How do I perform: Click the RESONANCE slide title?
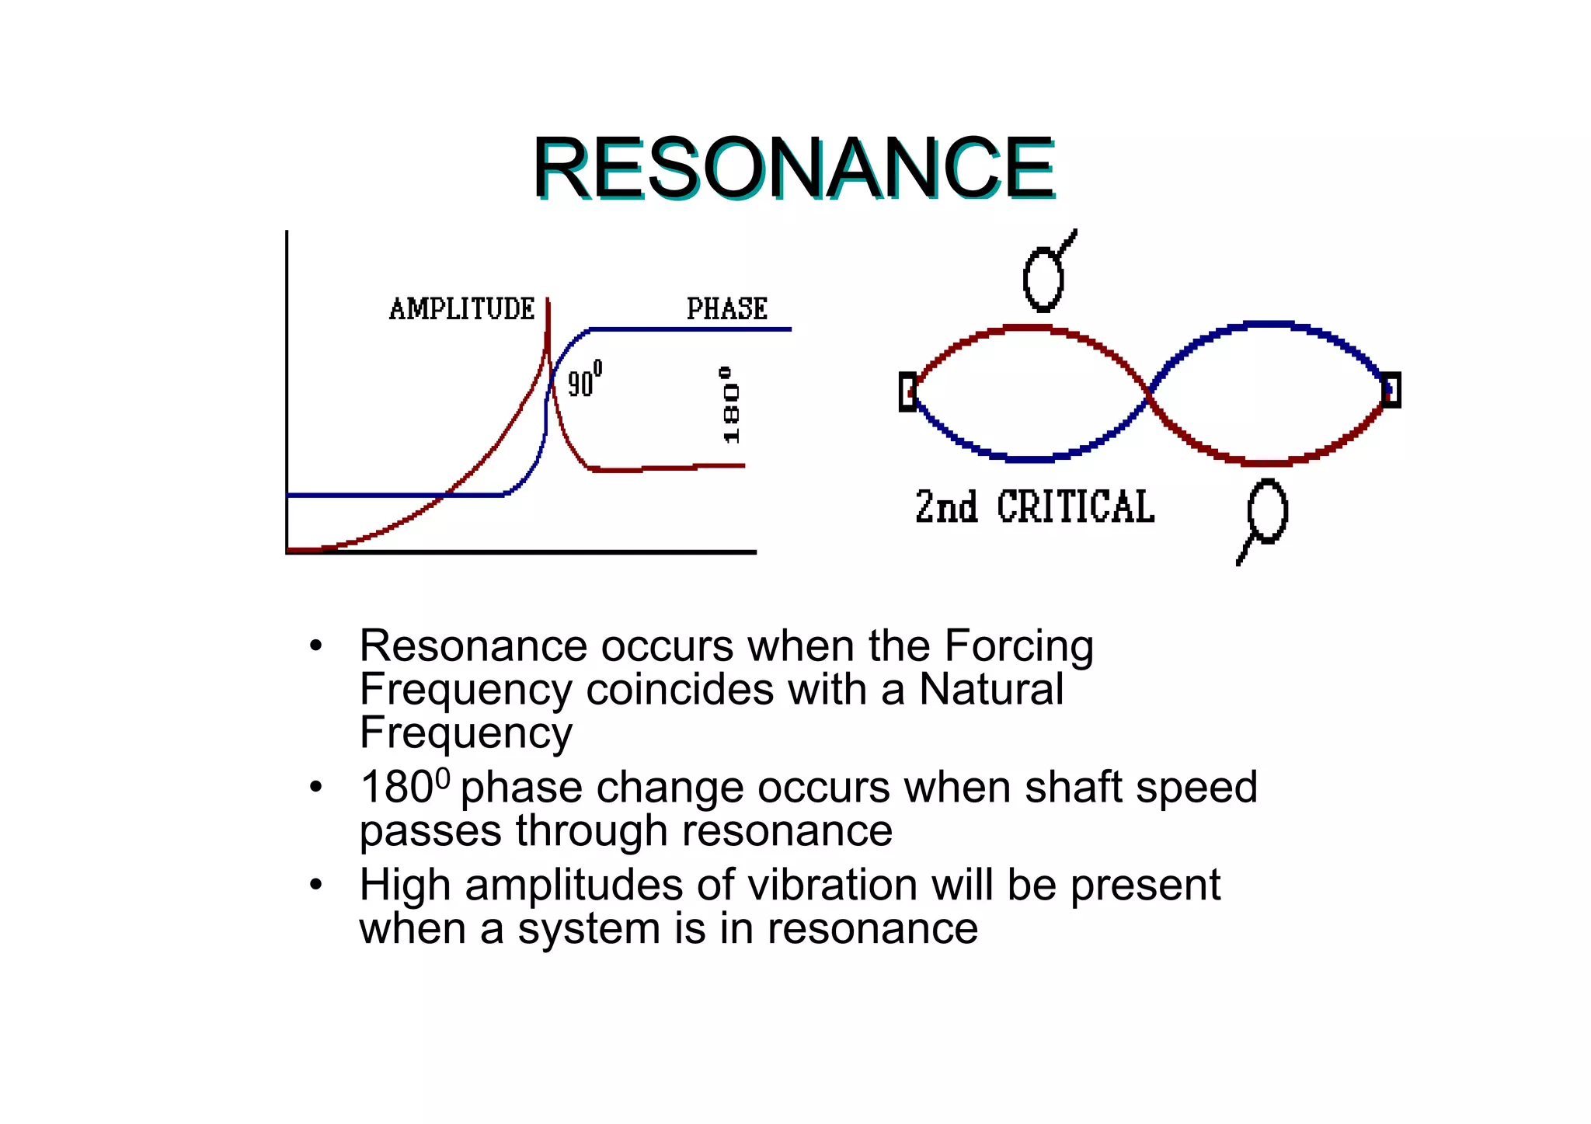point(792,168)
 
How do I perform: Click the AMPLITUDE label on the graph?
point(461,309)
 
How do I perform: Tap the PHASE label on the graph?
point(726,309)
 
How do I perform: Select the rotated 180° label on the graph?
point(730,405)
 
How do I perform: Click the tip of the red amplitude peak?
point(548,301)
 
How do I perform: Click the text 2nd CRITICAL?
point(1034,507)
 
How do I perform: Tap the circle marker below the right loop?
point(1267,511)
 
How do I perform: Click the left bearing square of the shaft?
point(907,391)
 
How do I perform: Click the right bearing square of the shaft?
point(1391,390)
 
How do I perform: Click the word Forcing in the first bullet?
point(1018,646)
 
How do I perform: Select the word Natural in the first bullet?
point(990,689)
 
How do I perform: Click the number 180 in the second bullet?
point(396,788)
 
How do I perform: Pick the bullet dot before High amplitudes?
point(315,886)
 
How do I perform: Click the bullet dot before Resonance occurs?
point(315,646)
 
